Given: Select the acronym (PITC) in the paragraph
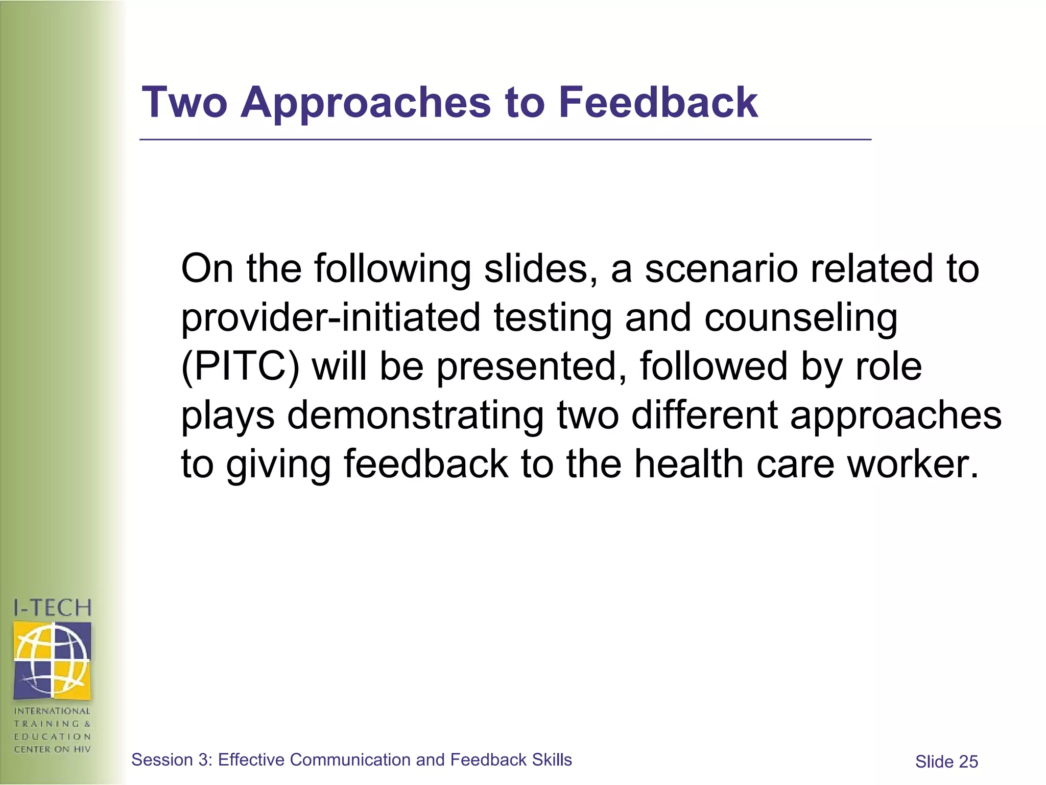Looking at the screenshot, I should (x=240, y=366).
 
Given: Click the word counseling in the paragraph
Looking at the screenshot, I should (x=800, y=318).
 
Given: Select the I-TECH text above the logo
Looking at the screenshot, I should (x=53, y=608).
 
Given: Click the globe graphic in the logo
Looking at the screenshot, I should (x=52, y=660).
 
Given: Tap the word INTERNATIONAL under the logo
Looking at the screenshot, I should (x=52, y=711).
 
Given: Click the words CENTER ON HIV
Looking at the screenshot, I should (x=52, y=749).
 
